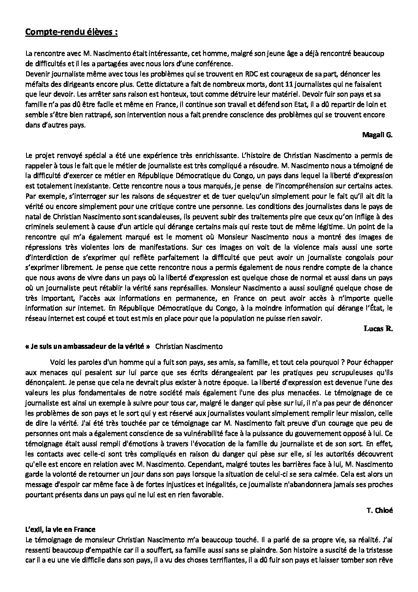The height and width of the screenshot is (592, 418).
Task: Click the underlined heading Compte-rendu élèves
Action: (71, 32)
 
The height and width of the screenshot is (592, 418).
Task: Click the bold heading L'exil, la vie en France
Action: (60, 529)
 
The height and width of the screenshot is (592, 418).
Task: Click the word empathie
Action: (95, 550)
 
